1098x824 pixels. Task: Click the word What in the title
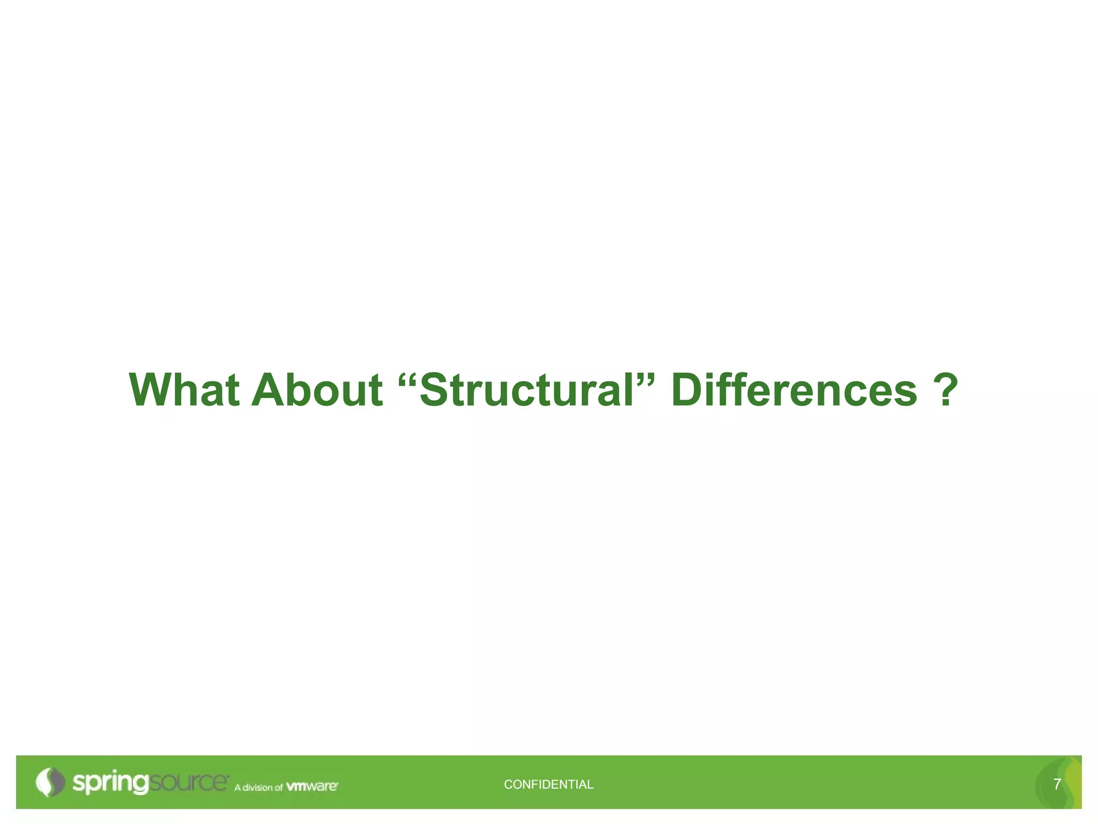point(184,389)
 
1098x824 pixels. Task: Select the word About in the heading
point(317,389)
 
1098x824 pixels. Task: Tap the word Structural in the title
point(526,389)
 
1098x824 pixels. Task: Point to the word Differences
point(794,389)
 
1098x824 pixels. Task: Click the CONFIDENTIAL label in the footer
point(548,784)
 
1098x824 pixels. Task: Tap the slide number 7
point(1057,784)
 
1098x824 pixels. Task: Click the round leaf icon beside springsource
point(49,782)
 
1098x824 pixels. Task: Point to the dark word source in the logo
point(188,782)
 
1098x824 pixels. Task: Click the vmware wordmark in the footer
point(311,786)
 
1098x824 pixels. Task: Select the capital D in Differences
point(688,389)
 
